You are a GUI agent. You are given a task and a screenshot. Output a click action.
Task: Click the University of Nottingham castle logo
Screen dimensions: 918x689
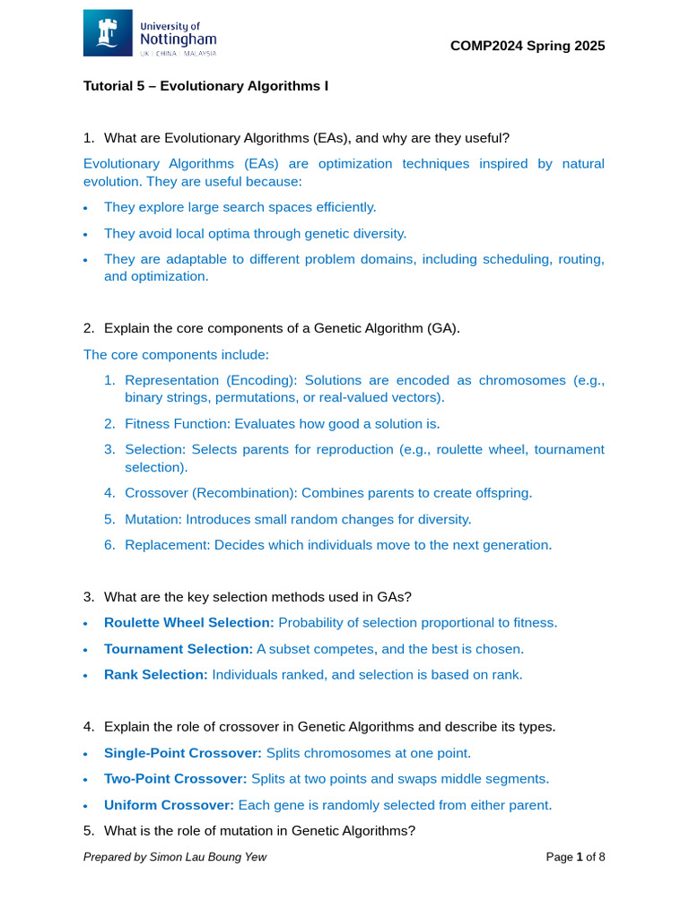point(108,33)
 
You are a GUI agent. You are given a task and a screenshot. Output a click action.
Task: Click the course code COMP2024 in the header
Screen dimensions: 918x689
point(484,46)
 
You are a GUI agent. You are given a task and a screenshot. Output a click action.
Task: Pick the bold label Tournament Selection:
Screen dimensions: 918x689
point(179,648)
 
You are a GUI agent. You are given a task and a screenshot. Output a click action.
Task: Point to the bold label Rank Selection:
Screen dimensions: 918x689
point(156,674)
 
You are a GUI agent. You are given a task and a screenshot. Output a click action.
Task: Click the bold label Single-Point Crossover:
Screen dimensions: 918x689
point(183,753)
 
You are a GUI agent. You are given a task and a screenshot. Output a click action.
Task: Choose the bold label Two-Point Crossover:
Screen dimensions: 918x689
point(176,779)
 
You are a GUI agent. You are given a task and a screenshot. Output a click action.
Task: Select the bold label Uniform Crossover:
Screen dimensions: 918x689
point(169,805)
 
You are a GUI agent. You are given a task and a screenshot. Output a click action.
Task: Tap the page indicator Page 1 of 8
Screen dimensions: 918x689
point(576,857)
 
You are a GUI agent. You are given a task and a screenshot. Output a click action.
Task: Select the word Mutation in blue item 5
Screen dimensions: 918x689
point(149,518)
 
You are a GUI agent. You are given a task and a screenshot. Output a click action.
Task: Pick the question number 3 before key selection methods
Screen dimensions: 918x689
point(88,596)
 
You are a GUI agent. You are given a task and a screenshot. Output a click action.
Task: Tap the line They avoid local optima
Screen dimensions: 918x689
point(255,233)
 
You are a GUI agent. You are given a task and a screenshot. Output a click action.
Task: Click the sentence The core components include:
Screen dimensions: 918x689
point(176,354)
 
